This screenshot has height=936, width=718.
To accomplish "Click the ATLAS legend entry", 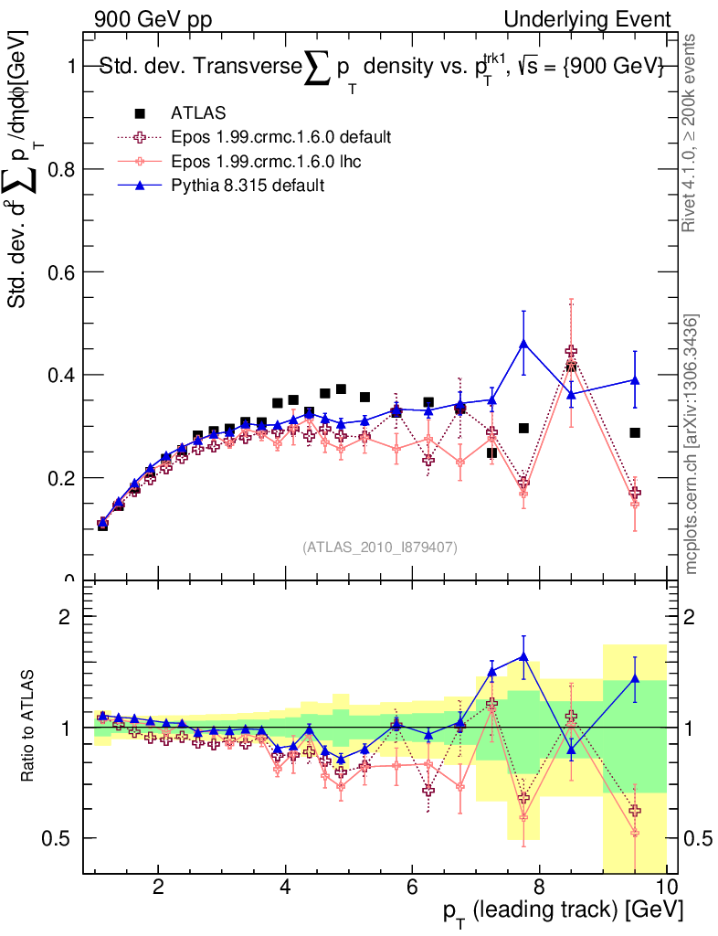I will [x=191, y=113].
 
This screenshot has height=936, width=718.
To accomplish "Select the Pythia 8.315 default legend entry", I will [x=248, y=185].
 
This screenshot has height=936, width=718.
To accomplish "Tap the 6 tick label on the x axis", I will [x=412, y=887].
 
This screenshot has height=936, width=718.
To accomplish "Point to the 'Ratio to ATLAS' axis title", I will [x=29, y=727].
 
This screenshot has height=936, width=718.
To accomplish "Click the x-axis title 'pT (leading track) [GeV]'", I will [x=561, y=912].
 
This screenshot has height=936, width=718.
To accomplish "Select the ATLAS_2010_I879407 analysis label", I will [x=380, y=548].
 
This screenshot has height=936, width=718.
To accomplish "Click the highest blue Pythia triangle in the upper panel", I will [x=523, y=344].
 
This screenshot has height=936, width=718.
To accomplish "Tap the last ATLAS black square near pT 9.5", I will [x=635, y=432].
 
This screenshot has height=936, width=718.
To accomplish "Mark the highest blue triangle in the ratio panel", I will [x=523, y=655].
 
